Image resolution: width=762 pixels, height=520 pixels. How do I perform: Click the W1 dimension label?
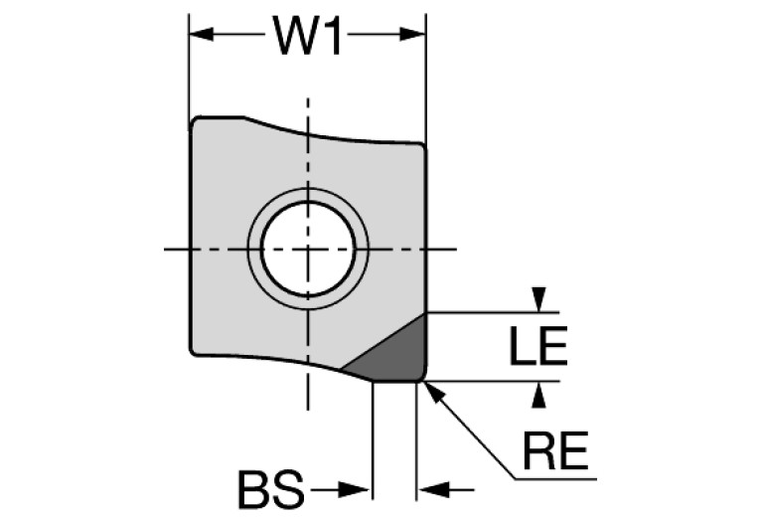coord(308,35)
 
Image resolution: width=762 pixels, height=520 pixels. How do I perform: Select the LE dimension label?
coord(538,346)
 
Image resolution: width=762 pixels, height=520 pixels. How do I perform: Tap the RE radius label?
coord(555,450)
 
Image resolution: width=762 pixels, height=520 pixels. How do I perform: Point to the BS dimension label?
coord(271,489)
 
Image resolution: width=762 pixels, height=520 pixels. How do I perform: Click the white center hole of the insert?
coord(308,249)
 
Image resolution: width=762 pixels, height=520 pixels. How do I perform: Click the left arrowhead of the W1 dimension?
coord(202,35)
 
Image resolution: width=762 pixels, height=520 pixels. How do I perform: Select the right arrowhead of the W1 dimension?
coord(412,35)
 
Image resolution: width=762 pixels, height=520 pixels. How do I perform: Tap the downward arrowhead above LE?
coord(538,299)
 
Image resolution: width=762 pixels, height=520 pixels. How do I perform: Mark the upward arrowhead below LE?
coord(538,395)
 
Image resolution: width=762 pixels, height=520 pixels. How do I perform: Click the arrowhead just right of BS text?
coord(355,490)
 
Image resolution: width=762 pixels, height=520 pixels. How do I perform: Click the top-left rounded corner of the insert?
coord(194,121)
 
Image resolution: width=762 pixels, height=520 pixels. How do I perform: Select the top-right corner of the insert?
coord(423,146)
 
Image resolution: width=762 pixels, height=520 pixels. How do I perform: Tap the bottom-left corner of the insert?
coord(193,352)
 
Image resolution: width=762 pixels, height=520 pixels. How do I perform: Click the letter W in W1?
coord(295,35)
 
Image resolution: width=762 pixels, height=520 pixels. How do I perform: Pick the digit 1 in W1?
coord(334,35)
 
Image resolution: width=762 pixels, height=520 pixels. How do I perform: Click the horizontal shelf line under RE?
coord(555,479)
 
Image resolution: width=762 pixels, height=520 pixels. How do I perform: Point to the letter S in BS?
coord(288,489)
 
